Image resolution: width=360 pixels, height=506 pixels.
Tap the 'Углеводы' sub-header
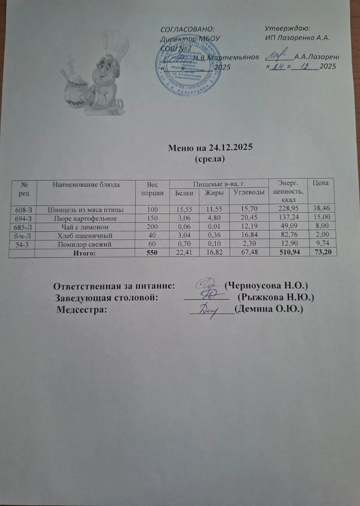[248, 193]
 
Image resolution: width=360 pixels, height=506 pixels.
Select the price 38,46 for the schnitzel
[322, 210]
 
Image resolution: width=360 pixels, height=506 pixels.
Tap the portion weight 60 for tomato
[152, 244]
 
